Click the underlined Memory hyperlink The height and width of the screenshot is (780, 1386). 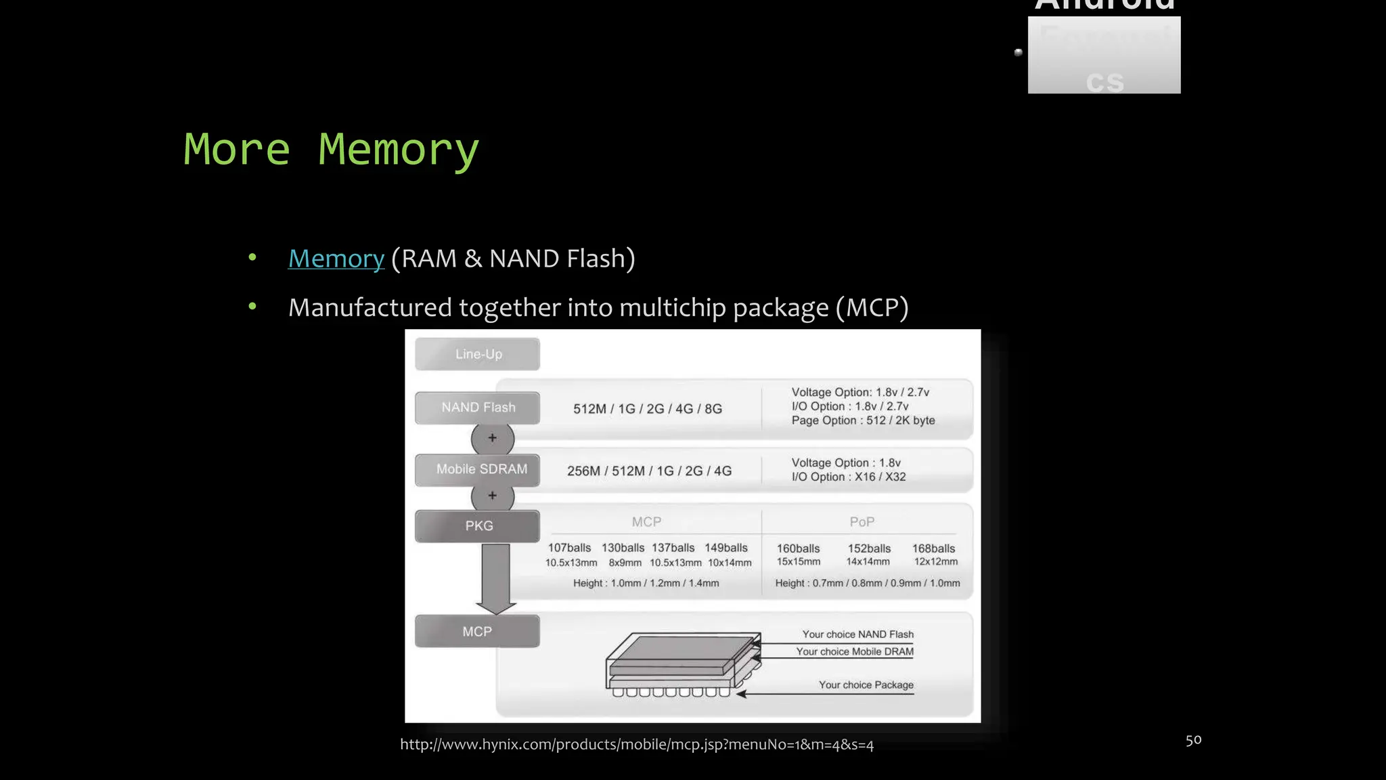(x=336, y=259)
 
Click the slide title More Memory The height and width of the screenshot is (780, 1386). (x=331, y=150)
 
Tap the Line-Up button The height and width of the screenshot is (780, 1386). (x=478, y=354)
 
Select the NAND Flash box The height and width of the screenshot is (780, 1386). (x=478, y=408)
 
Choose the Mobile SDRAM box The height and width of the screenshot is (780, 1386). (x=480, y=469)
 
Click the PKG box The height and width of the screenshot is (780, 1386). (x=478, y=526)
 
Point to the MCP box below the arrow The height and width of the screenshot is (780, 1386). (x=477, y=632)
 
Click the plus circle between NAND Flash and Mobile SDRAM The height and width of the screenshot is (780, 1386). (x=493, y=438)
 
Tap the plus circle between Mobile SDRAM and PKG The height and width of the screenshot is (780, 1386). (x=493, y=496)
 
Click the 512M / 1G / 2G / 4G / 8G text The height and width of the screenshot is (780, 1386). (x=648, y=409)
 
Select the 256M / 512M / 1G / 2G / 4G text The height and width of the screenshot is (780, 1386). (x=649, y=471)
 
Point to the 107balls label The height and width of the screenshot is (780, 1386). (x=569, y=548)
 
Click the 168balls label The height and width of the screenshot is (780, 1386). (x=933, y=548)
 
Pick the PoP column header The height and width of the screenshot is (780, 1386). (x=862, y=522)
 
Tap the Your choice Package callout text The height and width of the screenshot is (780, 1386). (x=866, y=685)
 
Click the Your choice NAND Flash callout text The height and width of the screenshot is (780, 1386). (x=857, y=634)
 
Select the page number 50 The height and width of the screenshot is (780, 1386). (x=1193, y=740)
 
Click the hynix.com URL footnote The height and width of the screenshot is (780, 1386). (x=636, y=745)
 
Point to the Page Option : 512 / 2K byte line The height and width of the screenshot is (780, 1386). (x=863, y=420)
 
